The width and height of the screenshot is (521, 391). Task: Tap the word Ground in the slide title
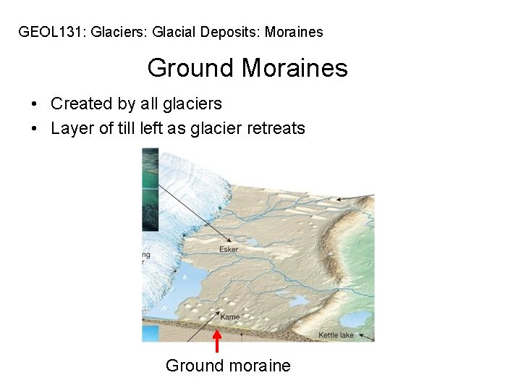click(x=191, y=69)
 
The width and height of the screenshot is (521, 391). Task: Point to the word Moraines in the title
click(x=295, y=69)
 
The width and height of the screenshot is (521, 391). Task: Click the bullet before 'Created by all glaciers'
click(x=35, y=104)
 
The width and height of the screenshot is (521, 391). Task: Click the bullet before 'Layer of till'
click(x=35, y=130)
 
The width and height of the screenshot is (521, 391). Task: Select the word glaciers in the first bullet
click(x=195, y=104)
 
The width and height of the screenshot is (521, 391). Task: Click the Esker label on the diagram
click(x=229, y=250)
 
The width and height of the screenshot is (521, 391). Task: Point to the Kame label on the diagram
click(x=229, y=317)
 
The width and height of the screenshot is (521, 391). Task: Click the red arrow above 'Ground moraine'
click(x=216, y=342)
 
